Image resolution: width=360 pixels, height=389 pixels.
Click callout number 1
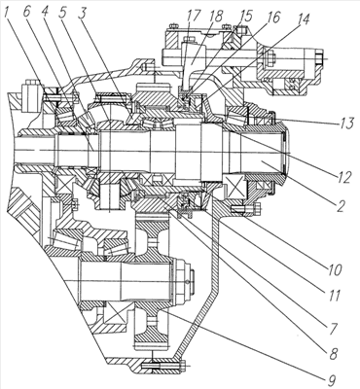tap(7, 13)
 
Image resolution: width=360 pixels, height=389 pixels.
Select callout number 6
tap(27, 13)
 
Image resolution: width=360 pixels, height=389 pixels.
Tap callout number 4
tap(45, 13)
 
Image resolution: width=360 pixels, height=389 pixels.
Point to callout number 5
tap(63, 13)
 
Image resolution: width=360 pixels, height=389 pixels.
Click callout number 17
tap(194, 17)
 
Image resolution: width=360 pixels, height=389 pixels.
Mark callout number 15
tap(245, 17)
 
